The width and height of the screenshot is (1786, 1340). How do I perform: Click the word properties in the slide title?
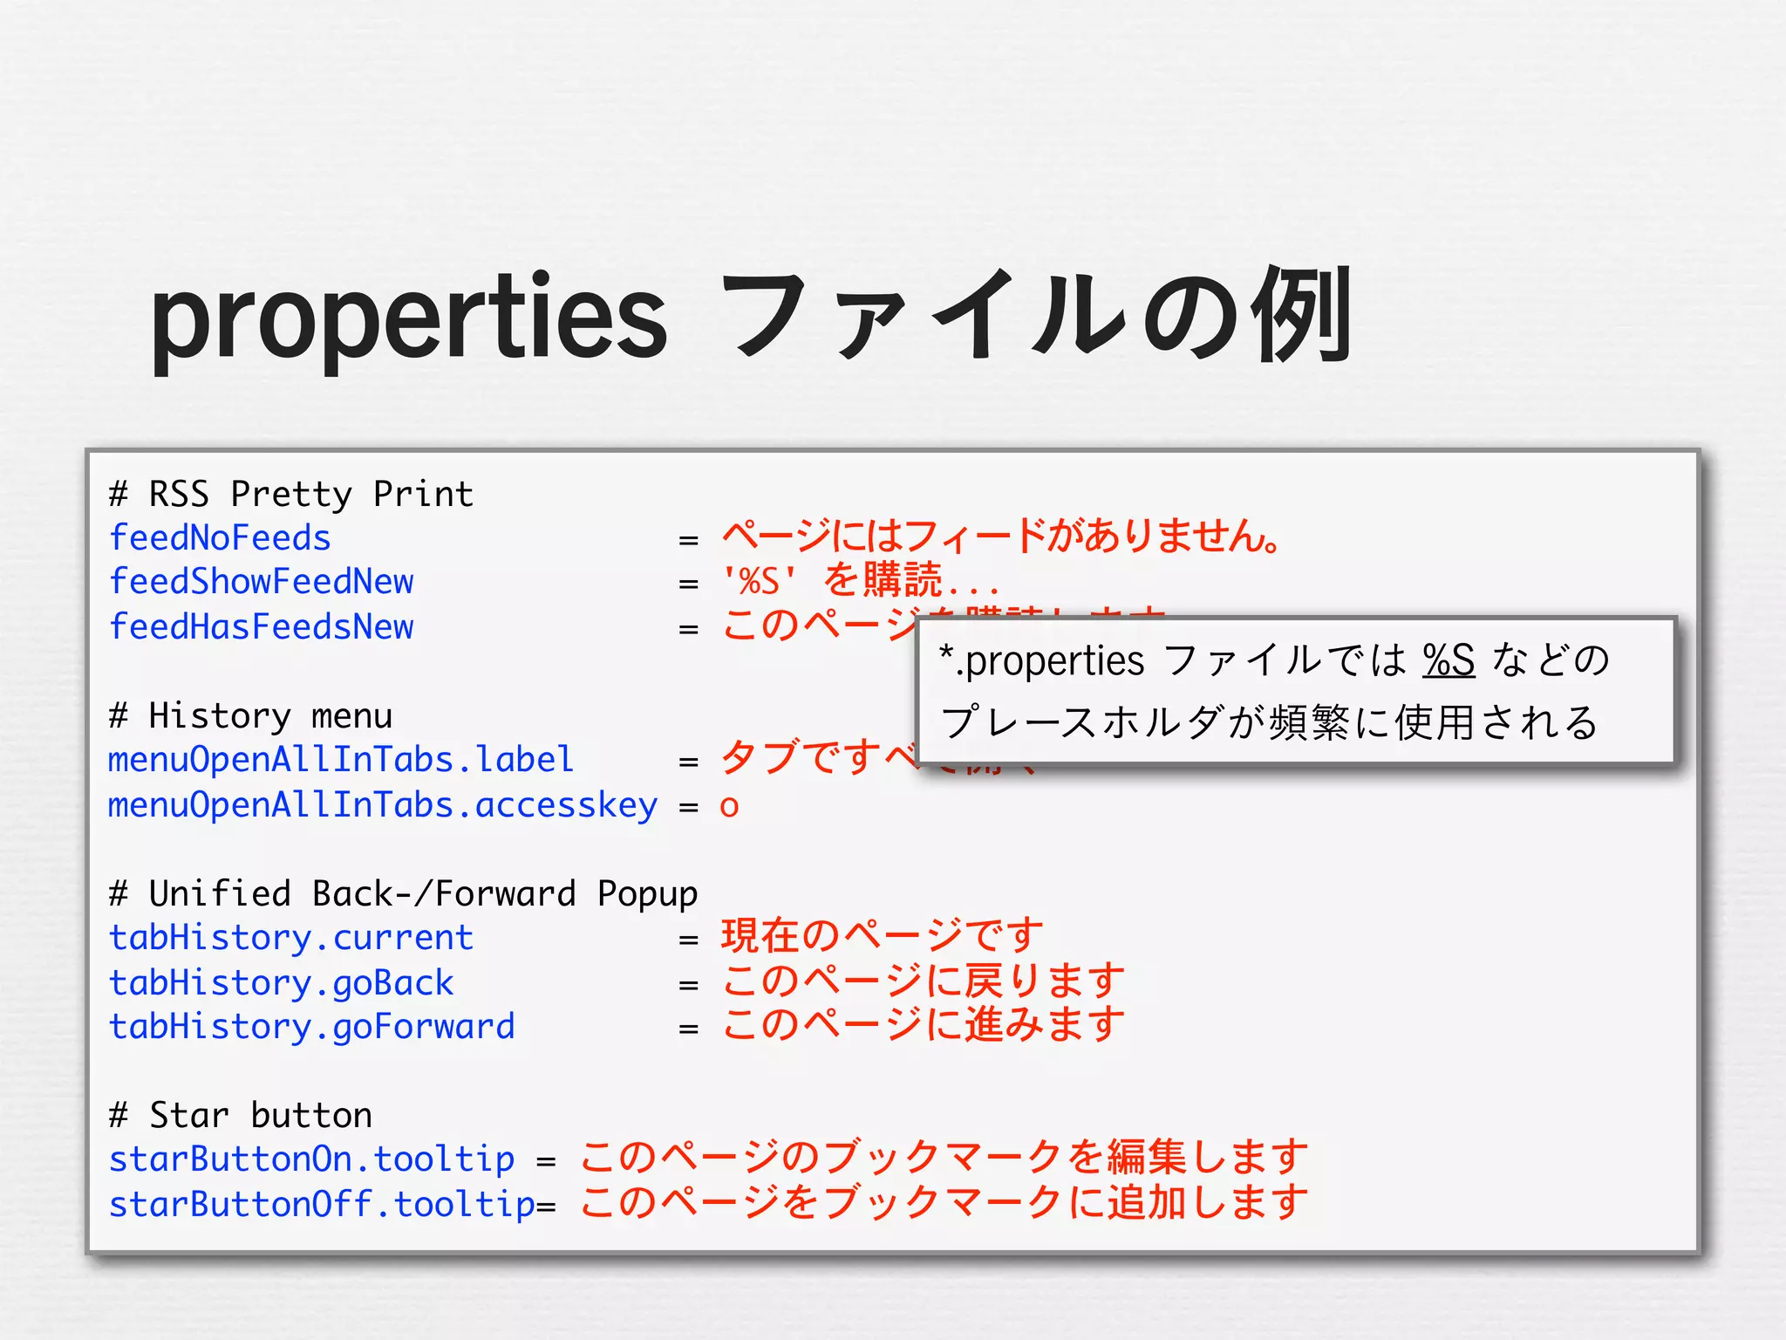[x=408, y=318]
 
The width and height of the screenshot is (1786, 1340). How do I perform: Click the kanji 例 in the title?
[x=1300, y=316]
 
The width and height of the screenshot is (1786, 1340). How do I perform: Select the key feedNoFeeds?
[x=220, y=538]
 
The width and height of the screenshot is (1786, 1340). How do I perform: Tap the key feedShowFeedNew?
[x=261, y=582]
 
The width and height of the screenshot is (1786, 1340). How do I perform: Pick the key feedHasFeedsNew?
[x=261, y=627]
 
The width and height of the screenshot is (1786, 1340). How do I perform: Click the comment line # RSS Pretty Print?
[x=290, y=494]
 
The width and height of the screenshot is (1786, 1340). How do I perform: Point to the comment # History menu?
[x=250, y=716]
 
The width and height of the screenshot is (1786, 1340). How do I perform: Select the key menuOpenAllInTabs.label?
[x=340, y=760]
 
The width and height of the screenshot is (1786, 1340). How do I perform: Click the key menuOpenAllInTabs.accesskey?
[x=382, y=805]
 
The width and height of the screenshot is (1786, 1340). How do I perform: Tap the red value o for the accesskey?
[x=729, y=807]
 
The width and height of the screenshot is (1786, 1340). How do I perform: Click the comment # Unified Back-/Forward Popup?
[x=403, y=894]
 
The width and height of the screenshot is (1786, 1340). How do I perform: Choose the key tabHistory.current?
[x=290, y=938]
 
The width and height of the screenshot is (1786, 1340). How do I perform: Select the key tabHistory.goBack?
[x=281, y=983]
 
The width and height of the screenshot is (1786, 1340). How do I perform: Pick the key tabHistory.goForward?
[x=311, y=1027]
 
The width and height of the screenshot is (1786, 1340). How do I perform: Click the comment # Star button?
[x=240, y=1116]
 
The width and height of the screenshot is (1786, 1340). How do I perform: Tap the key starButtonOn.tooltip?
[x=311, y=1159]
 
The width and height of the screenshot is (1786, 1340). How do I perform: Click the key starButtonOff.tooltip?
[x=321, y=1205]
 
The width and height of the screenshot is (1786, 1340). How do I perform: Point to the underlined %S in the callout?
[x=1449, y=660]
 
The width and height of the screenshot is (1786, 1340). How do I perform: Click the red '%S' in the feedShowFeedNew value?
[x=759, y=581]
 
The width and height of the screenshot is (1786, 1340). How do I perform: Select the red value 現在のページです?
[x=882, y=936]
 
